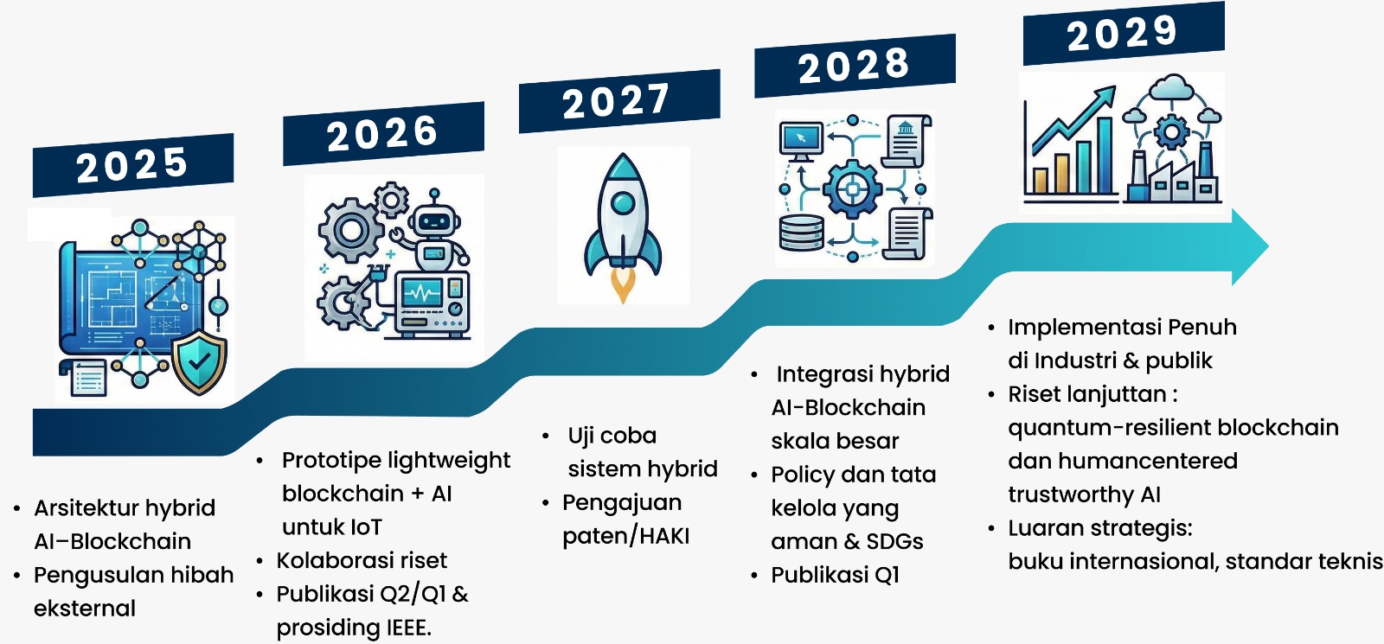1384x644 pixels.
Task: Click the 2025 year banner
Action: [133, 165]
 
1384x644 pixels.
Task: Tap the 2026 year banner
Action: [383, 133]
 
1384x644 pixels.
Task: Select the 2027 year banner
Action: [619, 100]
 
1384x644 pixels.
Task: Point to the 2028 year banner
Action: [855, 66]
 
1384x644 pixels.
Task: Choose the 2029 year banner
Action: [1124, 33]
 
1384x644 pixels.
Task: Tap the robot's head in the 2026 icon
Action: [436, 220]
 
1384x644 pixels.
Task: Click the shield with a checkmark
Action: [199, 362]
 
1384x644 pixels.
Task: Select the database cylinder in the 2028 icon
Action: [801, 233]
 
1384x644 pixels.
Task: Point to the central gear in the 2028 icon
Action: [853, 188]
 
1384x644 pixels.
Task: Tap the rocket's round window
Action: [623, 202]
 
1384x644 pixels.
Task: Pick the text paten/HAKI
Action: [626, 536]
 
